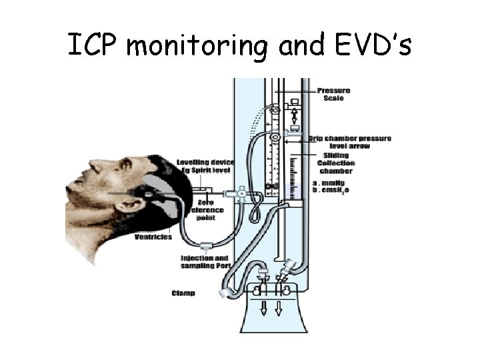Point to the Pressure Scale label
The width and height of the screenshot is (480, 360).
(x=333, y=95)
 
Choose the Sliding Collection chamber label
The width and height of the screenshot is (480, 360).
(x=336, y=163)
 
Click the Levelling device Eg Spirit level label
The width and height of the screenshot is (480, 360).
(x=205, y=167)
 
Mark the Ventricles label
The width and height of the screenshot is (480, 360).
(x=153, y=237)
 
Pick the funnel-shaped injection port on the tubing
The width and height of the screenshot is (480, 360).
(x=207, y=245)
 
